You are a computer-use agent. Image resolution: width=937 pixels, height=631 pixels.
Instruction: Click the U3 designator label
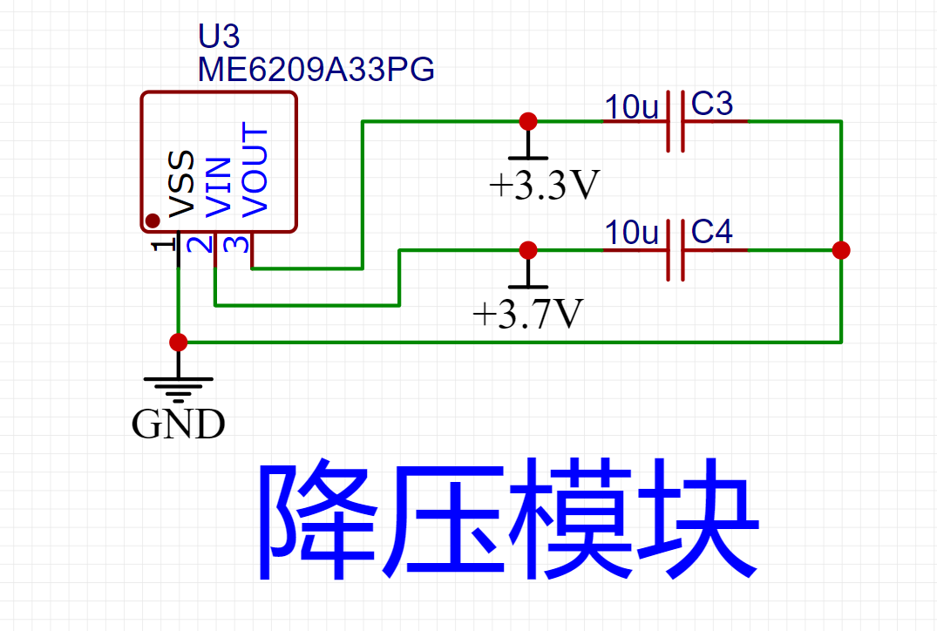tap(219, 37)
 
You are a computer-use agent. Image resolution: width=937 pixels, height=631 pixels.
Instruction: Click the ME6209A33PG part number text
tap(315, 69)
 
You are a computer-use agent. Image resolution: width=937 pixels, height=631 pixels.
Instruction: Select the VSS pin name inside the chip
tap(182, 184)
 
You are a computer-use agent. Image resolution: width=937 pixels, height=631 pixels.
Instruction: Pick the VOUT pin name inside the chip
tap(255, 172)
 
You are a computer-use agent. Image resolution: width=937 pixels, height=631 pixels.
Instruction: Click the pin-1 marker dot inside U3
tap(153, 221)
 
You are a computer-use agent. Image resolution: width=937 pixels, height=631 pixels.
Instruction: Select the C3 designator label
tap(712, 105)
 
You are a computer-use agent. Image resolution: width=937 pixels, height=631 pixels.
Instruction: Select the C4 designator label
tap(712, 233)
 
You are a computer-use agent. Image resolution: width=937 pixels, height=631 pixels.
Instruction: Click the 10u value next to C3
tap(632, 107)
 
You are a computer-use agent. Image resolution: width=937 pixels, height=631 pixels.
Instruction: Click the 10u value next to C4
tap(632, 234)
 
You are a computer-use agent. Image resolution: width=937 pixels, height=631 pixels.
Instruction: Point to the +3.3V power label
tap(545, 185)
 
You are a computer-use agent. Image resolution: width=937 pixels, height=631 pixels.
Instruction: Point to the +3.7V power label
tap(527, 314)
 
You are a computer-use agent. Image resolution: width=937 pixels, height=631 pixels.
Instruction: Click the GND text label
tap(179, 424)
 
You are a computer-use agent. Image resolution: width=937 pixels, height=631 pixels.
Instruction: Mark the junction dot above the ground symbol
tap(179, 342)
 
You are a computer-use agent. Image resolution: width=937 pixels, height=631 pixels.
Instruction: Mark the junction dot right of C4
tap(841, 250)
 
